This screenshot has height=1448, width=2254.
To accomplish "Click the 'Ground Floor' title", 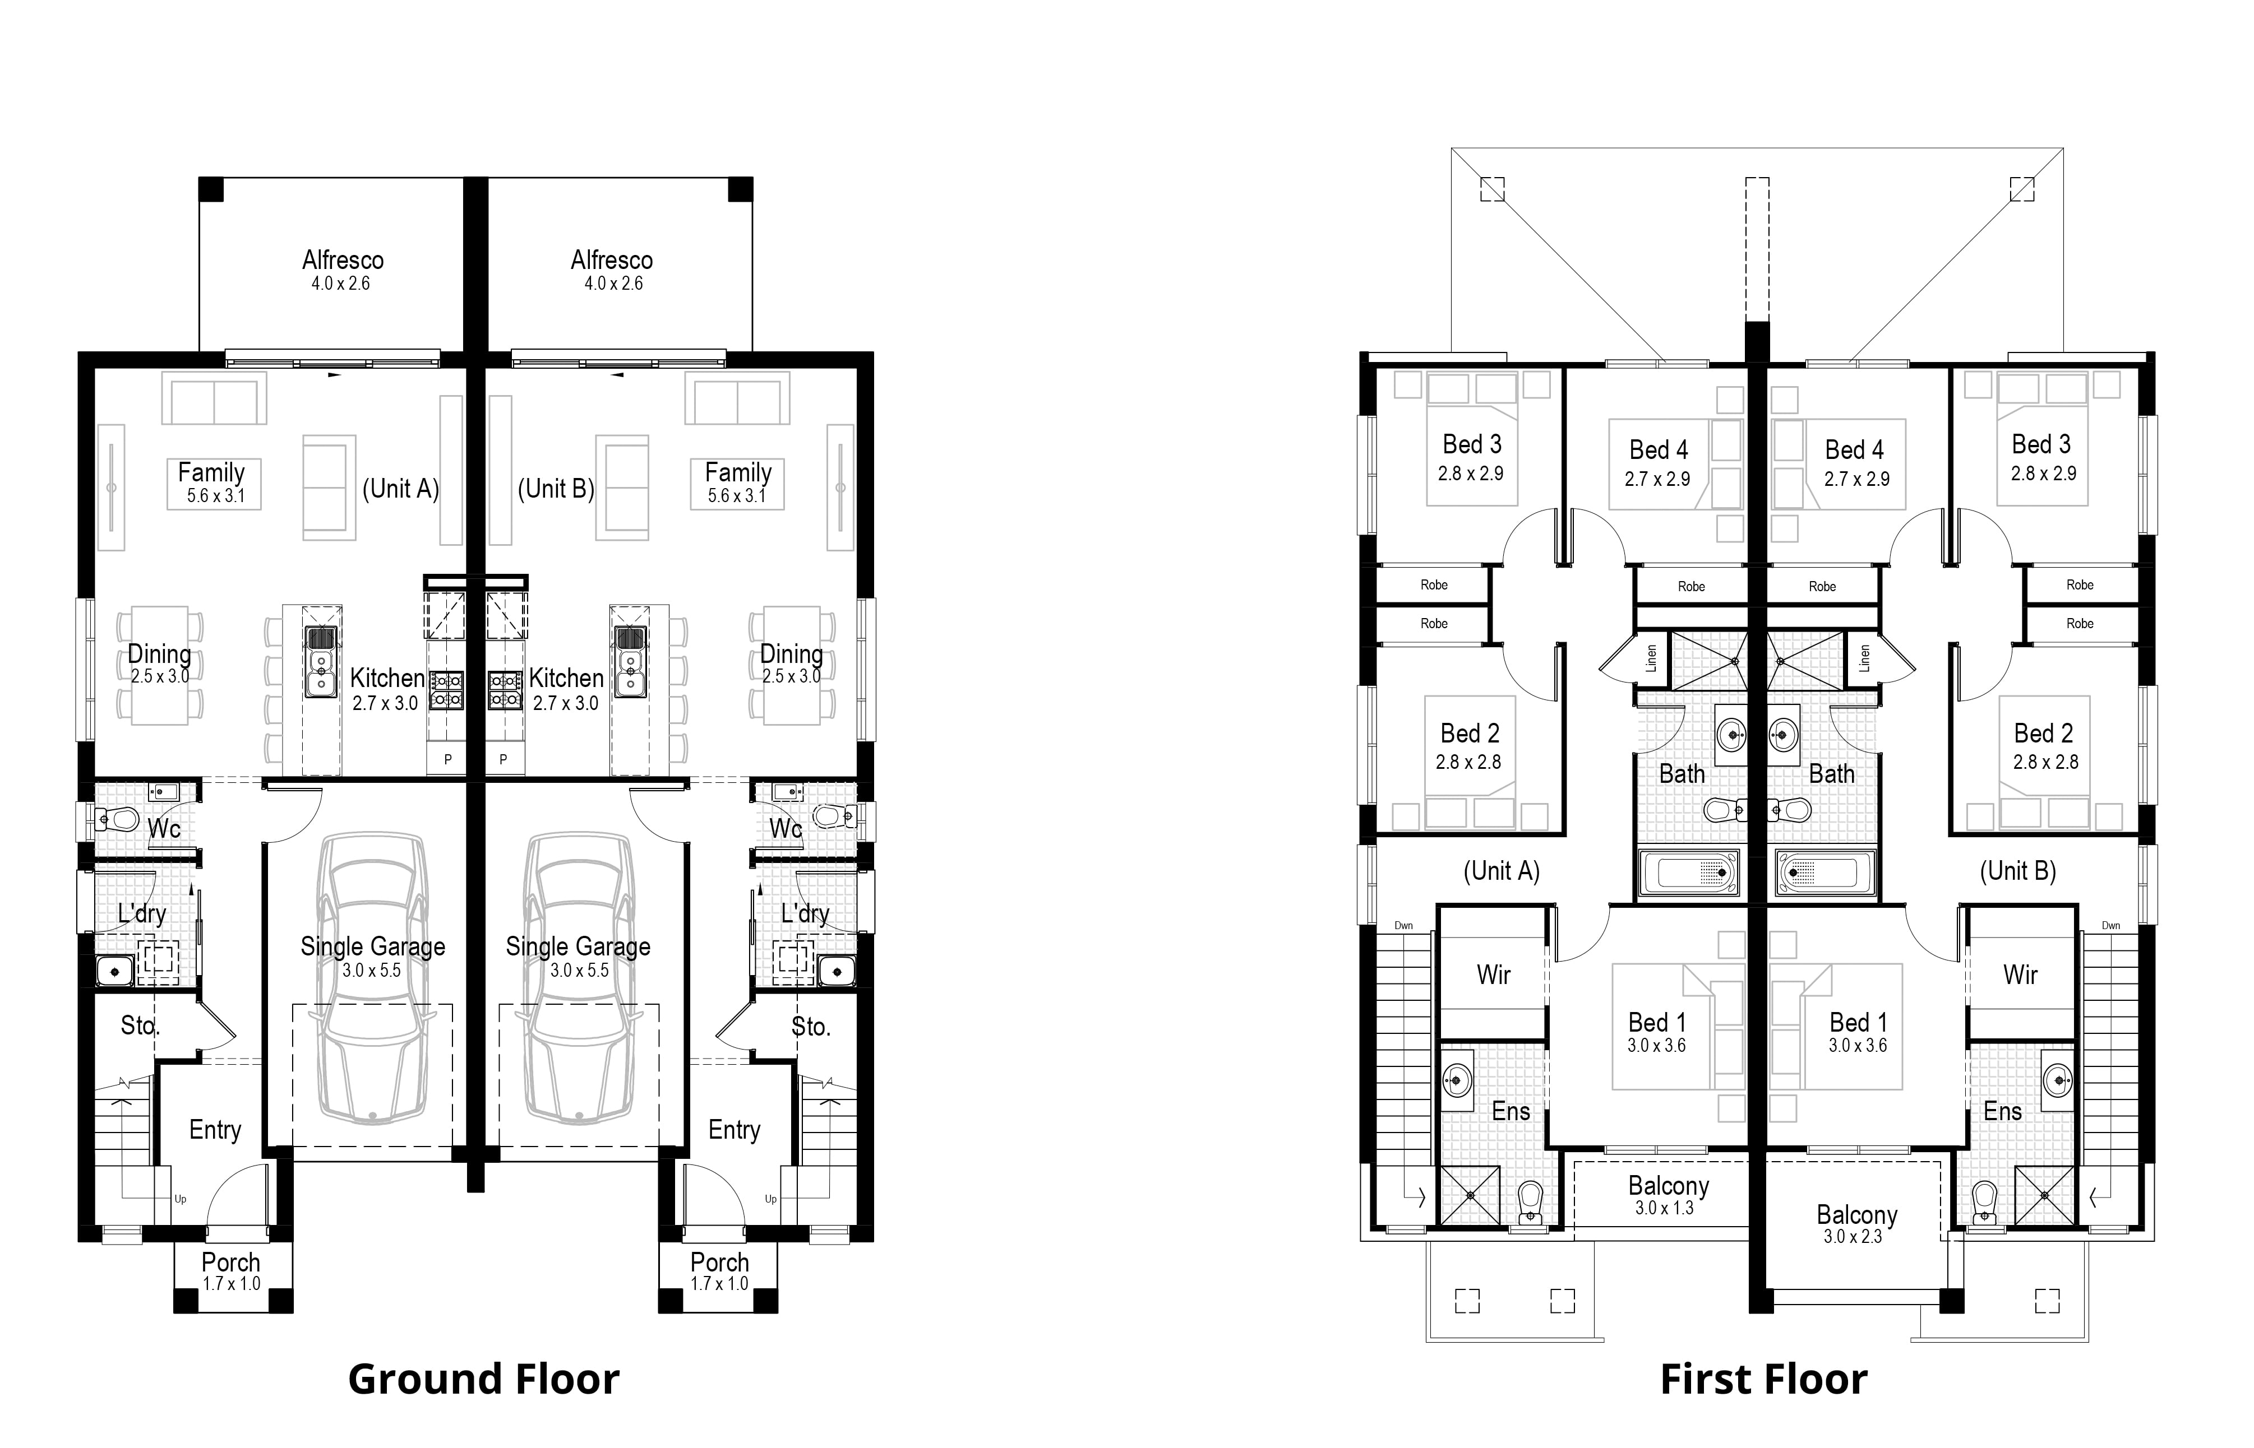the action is (x=483, y=1380).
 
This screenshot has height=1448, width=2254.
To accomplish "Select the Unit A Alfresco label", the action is (x=343, y=259).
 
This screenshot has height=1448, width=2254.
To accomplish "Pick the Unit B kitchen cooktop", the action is (x=505, y=690).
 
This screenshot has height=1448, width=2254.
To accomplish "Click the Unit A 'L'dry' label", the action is (x=142, y=913).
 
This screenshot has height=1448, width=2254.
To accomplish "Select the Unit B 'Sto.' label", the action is (x=811, y=1027).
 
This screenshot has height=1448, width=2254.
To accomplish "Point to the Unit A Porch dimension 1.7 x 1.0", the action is (x=232, y=1283).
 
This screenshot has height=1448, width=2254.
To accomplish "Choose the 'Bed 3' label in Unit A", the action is (x=1472, y=444).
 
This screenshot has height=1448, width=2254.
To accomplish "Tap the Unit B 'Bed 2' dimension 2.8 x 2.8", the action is (x=2045, y=762).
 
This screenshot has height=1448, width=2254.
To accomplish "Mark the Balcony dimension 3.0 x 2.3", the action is (x=1853, y=1236).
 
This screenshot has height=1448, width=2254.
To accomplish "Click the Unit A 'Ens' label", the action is (x=1511, y=1111).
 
